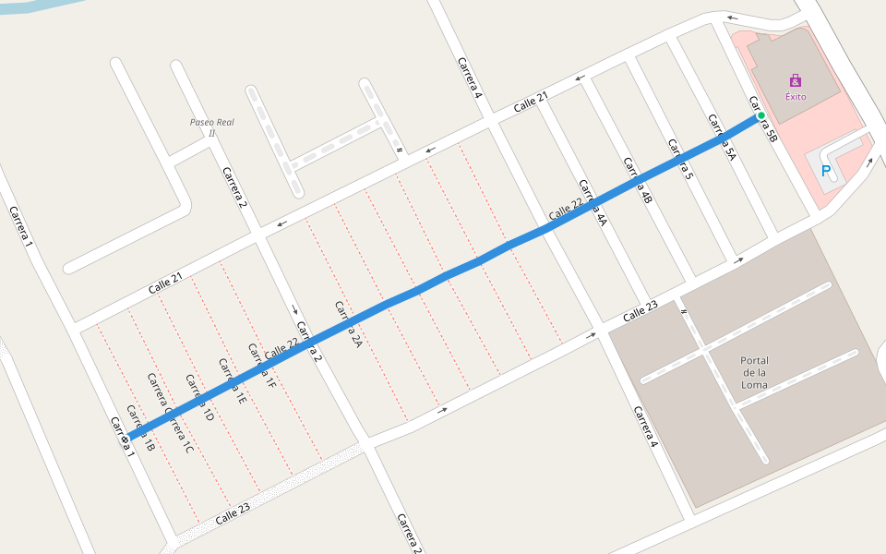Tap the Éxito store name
pos(796,96)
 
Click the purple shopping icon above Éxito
pos(796,80)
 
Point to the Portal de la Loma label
pos(754,372)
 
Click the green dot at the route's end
pos(761,116)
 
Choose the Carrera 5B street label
pos(764,120)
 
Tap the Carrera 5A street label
pos(722,138)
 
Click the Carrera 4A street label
pos(593,203)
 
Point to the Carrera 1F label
pos(261,366)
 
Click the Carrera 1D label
pos(199,399)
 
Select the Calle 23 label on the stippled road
pos(233,514)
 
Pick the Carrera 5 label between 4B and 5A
pos(680,158)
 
